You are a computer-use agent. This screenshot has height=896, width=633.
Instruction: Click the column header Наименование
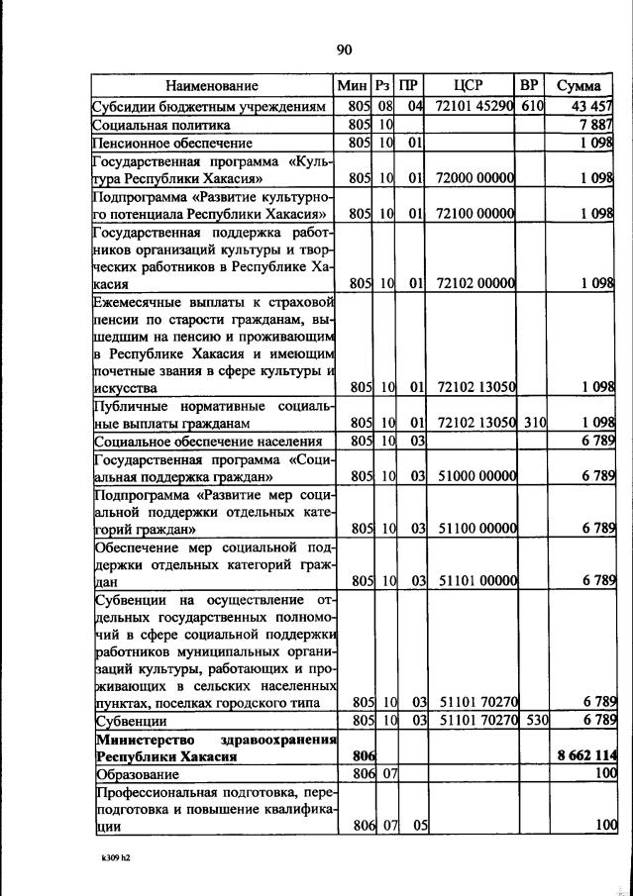coord(212,86)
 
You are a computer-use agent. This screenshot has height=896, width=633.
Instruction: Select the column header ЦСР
coord(469,86)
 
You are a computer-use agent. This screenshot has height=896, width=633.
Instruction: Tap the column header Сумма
coord(580,86)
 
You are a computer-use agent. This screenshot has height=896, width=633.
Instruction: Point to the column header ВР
coord(529,86)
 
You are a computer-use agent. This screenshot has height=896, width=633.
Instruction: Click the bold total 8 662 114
coord(584,755)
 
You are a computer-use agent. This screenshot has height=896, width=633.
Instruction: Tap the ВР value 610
coord(532,106)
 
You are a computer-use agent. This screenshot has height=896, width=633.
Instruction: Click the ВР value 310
coord(535,422)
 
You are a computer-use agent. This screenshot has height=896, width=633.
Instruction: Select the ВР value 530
coord(535,719)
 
